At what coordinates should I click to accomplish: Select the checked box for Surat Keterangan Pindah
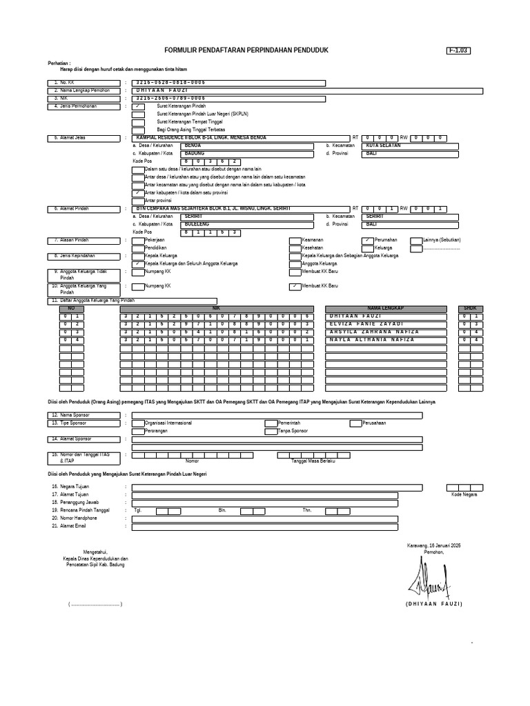click(x=138, y=107)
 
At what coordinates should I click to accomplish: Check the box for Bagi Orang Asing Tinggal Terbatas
click(x=138, y=129)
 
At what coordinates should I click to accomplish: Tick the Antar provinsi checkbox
click(x=138, y=200)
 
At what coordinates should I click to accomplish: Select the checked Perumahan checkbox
click(x=367, y=240)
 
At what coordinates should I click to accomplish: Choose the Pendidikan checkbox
click(x=138, y=248)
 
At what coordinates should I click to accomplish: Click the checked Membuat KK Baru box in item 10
click(x=295, y=285)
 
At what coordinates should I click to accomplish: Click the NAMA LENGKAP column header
click(x=384, y=308)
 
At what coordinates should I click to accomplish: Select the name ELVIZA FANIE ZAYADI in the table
click(x=364, y=323)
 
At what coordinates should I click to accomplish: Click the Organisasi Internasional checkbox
click(x=138, y=423)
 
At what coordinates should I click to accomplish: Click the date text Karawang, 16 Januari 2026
click(x=434, y=545)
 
